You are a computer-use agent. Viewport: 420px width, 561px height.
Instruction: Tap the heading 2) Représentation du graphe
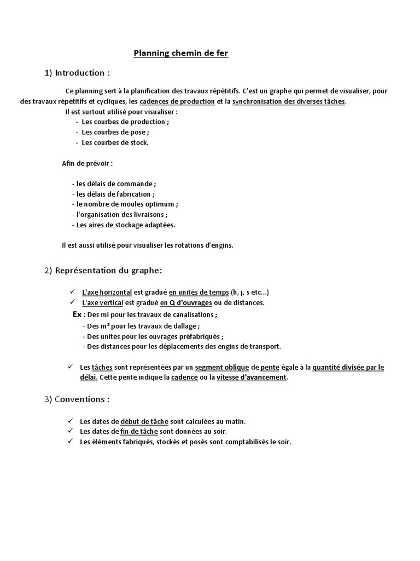click(x=103, y=270)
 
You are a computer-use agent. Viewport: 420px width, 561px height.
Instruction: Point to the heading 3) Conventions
click(x=77, y=399)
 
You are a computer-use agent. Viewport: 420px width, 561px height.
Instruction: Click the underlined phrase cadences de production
click(x=177, y=102)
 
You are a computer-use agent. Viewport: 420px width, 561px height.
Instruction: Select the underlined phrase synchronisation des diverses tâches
click(x=289, y=102)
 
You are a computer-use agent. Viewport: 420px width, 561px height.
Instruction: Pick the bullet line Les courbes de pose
click(x=115, y=132)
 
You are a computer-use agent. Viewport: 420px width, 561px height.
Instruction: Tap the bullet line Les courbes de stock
click(x=115, y=142)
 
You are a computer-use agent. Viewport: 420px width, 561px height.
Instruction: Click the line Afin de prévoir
click(x=87, y=163)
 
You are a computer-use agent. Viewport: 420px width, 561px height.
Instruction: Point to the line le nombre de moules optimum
click(x=125, y=204)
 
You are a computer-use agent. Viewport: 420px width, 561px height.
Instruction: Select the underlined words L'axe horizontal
click(x=107, y=292)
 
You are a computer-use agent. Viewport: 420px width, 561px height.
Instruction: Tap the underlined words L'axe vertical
click(x=103, y=302)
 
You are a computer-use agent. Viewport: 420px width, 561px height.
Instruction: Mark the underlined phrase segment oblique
click(x=222, y=367)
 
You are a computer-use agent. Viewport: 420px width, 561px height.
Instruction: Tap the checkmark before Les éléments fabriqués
click(x=70, y=442)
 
